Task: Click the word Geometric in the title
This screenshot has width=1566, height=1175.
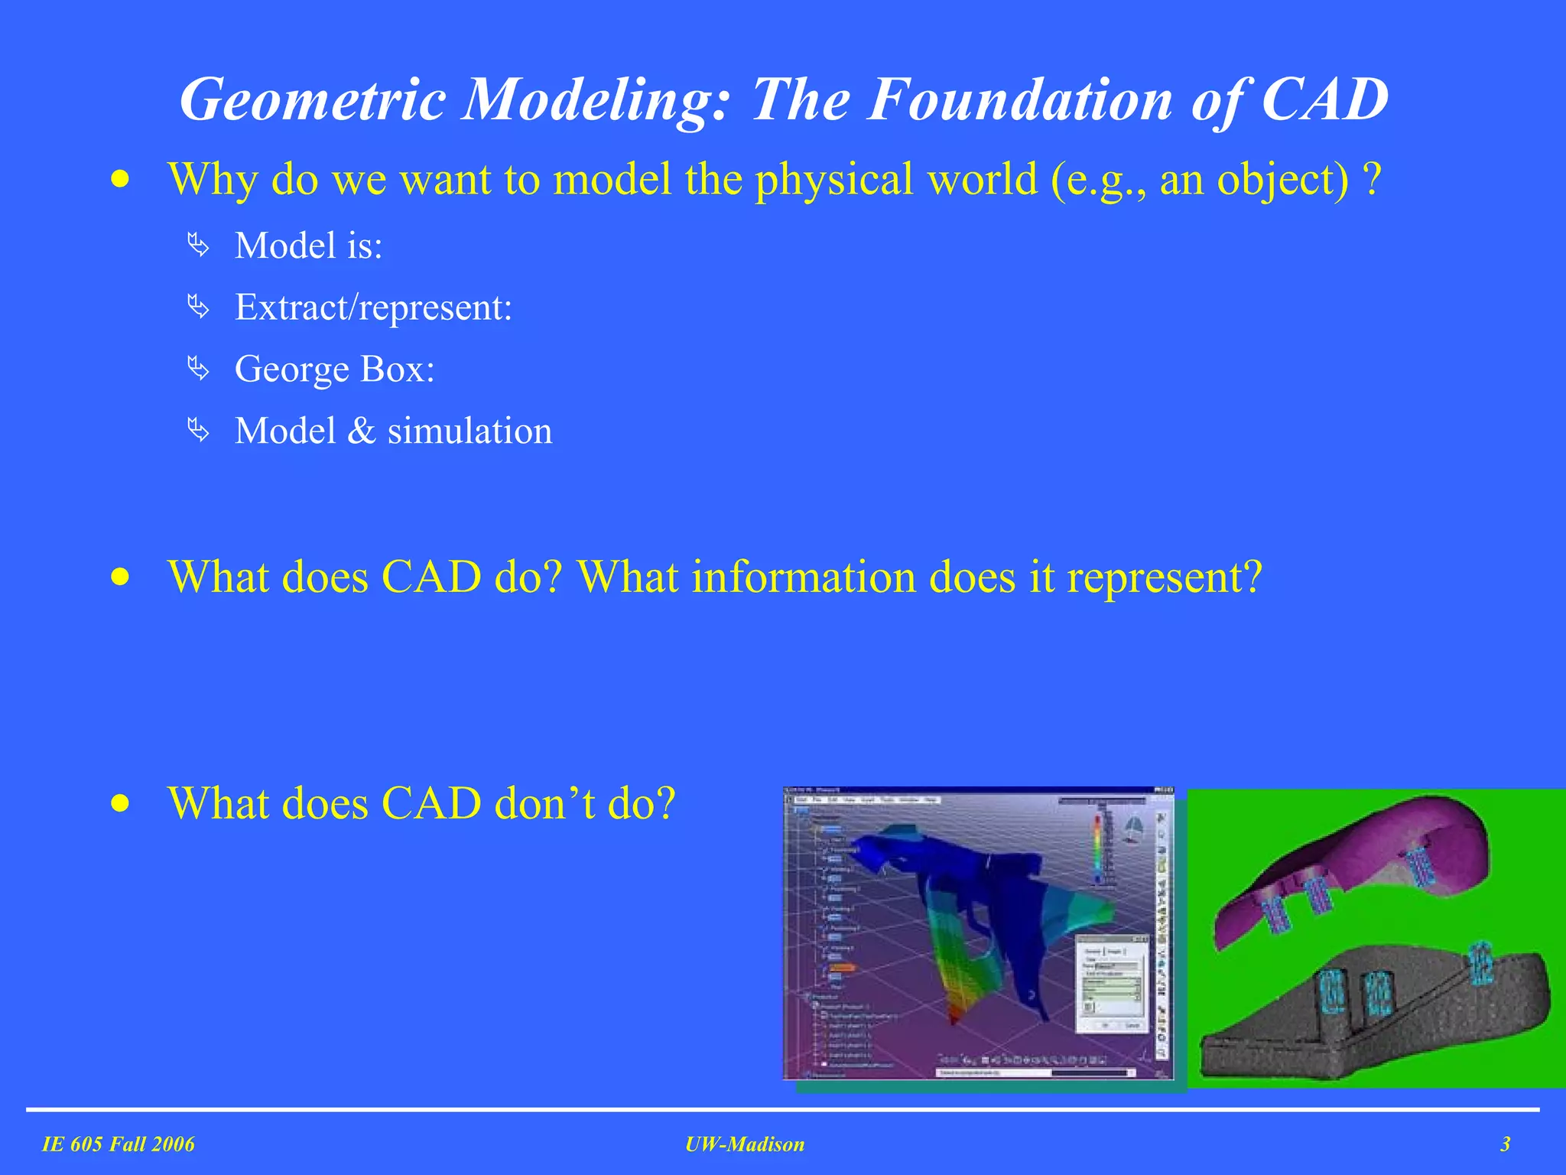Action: pyautogui.click(x=312, y=100)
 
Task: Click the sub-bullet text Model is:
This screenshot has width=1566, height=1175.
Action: pyautogui.click(x=308, y=246)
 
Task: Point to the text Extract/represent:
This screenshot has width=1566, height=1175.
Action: pyautogui.click(x=373, y=308)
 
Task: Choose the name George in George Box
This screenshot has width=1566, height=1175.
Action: pyautogui.click(x=291, y=370)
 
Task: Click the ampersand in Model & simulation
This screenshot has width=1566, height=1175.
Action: pyautogui.click(x=361, y=431)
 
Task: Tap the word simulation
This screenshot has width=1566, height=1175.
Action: pyautogui.click(x=469, y=431)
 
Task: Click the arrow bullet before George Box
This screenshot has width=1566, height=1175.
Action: pyautogui.click(x=198, y=369)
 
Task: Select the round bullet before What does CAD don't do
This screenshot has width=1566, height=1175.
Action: pyautogui.click(x=120, y=804)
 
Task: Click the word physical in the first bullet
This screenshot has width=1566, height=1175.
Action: pyautogui.click(x=834, y=180)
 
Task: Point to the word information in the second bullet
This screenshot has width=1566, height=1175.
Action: pyautogui.click(x=803, y=578)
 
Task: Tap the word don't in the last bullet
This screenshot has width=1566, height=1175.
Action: pyautogui.click(x=544, y=804)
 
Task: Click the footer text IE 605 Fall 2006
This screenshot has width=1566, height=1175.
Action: pyautogui.click(x=119, y=1144)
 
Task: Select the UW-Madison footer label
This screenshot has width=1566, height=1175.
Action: pyautogui.click(x=745, y=1144)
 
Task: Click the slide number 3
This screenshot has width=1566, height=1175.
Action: pyautogui.click(x=1505, y=1144)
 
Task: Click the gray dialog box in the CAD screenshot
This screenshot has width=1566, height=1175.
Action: pyautogui.click(x=1113, y=983)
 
